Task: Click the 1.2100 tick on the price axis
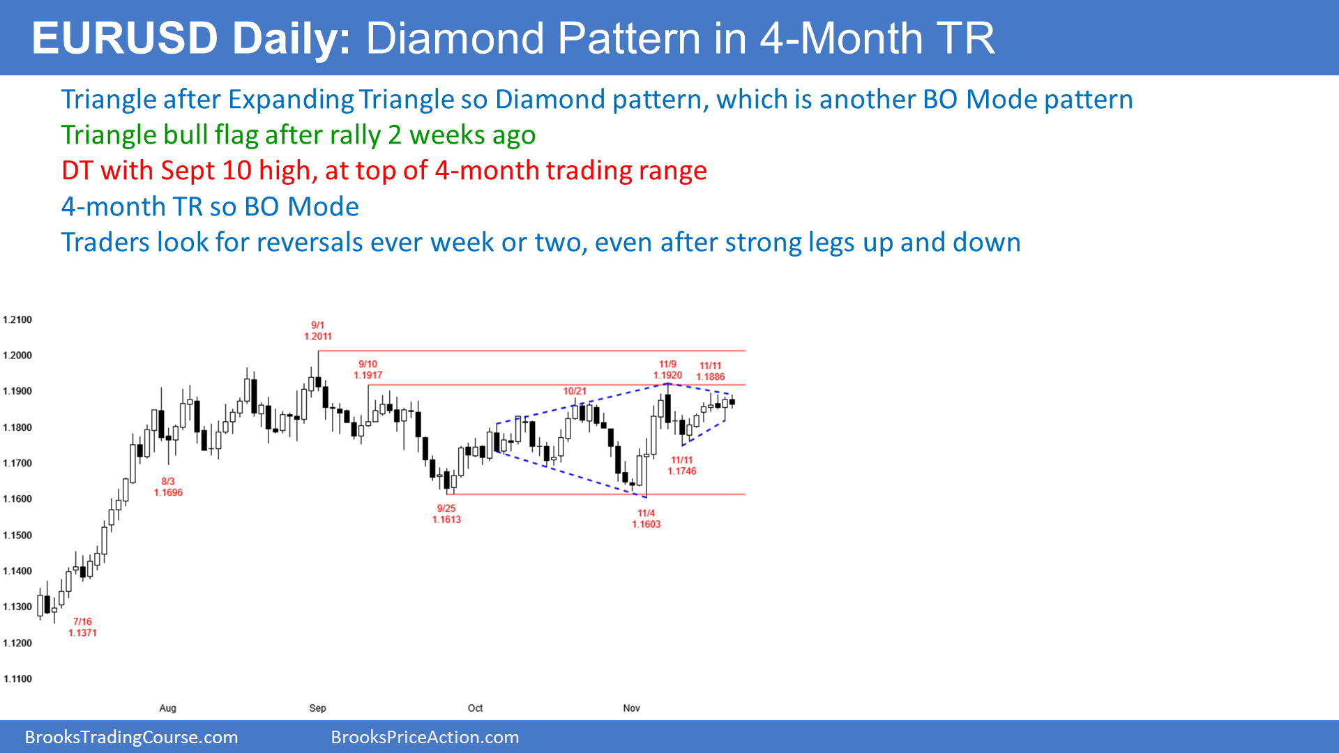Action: (x=17, y=320)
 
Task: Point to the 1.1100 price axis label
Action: (x=17, y=679)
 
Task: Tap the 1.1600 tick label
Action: (x=17, y=499)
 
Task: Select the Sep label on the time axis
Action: (x=317, y=708)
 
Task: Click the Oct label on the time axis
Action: (x=475, y=708)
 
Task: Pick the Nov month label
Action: (x=631, y=708)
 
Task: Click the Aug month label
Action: (x=167, y=708)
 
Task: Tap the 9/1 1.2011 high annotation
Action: (x=318, y=331)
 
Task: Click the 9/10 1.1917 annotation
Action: (x=368, y=370)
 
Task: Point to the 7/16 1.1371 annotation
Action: (x=82, y=627)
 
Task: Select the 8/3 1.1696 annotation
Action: (x=168, y=487)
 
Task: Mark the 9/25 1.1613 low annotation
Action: (x=446, y=515)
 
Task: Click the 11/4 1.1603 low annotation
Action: (x=646, y=519)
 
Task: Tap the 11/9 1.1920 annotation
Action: (x=667, y=370)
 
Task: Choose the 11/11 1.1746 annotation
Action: (x=682, y=466)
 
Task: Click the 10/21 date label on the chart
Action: (x=575, y=391)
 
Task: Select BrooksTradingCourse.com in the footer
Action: (x=132, y=738)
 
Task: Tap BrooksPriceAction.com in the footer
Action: (x=425, y=738)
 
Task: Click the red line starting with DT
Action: (x=384, y=171)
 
